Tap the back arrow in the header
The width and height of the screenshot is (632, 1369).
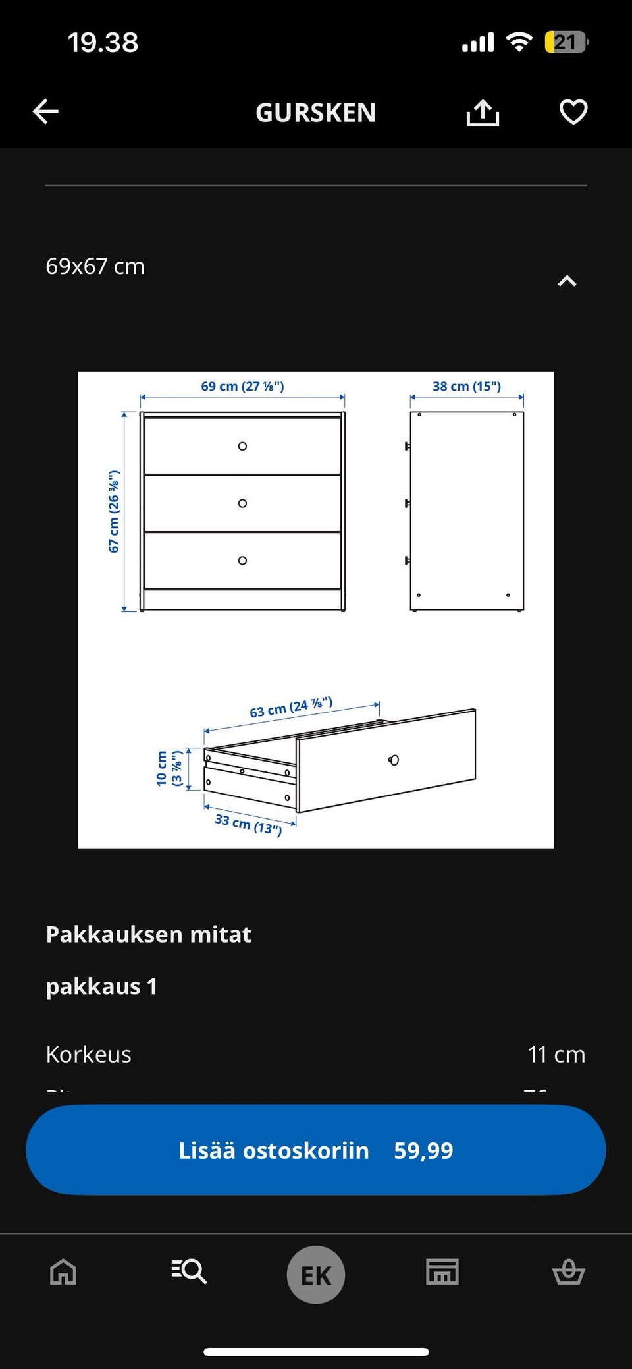tap(46, 112)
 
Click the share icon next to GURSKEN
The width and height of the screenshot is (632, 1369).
tap(483, 113)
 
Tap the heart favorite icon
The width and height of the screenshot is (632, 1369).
tap(573, 112)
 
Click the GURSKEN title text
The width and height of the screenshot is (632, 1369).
tap(316, 113)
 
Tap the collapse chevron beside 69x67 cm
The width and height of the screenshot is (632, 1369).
tap(567, 281)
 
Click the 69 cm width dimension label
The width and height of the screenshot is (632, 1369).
tap(242, 386)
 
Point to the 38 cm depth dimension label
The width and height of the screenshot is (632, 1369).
tap(466, 386)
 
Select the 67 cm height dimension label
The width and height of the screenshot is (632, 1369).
tap(114, 511)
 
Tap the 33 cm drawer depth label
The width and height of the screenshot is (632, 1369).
tap(248, 824)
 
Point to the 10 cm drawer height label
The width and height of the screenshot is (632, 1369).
tap(169, 768)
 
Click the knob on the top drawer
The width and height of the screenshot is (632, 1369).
tap(242, 446)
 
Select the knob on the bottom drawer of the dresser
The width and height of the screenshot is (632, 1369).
tap(242, 561)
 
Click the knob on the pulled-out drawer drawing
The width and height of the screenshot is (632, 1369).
tap(394, 760)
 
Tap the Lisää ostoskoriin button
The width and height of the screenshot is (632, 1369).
tap(316, 1150)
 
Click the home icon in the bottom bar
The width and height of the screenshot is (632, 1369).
tap(63, 1271)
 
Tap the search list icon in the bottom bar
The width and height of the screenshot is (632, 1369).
tap(190, 1271)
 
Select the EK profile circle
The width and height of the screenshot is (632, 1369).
tap(316, 1275)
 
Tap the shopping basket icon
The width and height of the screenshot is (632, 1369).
tap(568, 1271)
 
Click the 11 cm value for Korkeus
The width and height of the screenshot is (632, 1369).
tap(556, 1055)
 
